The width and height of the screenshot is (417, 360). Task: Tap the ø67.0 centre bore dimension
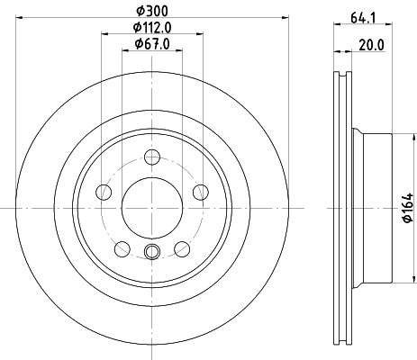[150, 43]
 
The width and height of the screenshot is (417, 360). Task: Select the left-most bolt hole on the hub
[104, 192]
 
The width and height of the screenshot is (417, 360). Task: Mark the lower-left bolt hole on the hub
[122, 247]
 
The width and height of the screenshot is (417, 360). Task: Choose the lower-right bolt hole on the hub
[181, 247]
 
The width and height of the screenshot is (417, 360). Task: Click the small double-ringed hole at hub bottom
[151, 252]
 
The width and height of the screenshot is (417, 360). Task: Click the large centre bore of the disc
[151, 206]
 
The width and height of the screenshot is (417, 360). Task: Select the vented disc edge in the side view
[343, 206]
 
